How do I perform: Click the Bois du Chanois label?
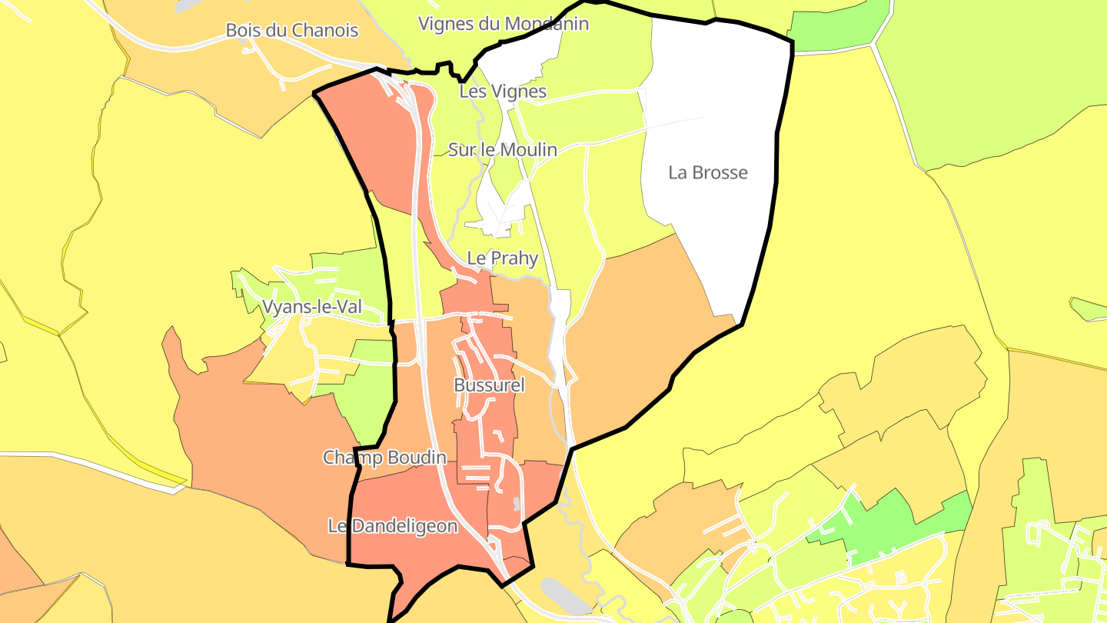point(291,31)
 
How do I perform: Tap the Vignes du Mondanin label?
point(504,24)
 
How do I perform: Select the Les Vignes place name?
point(503,92)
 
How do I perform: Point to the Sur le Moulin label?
point(503,150)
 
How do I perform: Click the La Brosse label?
point(708,172)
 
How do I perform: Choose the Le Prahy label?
point(503,258)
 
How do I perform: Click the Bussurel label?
point(489,385)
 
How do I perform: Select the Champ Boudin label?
point(384,458)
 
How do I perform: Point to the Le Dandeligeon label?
point(393,526)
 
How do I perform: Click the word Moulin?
point(529,150)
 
